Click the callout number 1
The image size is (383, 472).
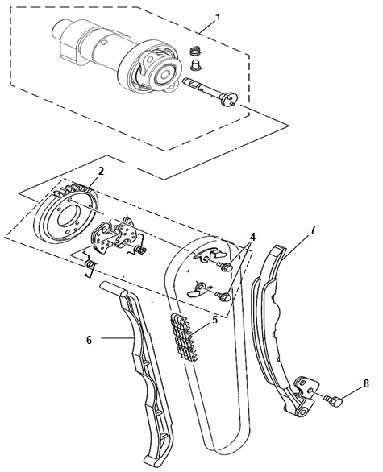tap(218, 17)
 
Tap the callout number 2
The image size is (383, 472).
tap(101, 172)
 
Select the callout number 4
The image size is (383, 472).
tap(252, 237)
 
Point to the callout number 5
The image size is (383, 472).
tap(214, 320)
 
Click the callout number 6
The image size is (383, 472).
tap(89, 340)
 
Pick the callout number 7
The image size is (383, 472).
tap(313, 230)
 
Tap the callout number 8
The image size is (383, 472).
tap(366, 383)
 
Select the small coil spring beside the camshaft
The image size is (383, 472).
tap(196, 51)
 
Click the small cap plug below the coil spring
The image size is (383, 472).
tap(197, 65)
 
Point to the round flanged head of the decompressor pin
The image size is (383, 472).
tap(231, 99)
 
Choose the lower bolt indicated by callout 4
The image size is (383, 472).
tap(224, 296)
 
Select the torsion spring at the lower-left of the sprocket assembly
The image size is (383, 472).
tap(90, 264)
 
